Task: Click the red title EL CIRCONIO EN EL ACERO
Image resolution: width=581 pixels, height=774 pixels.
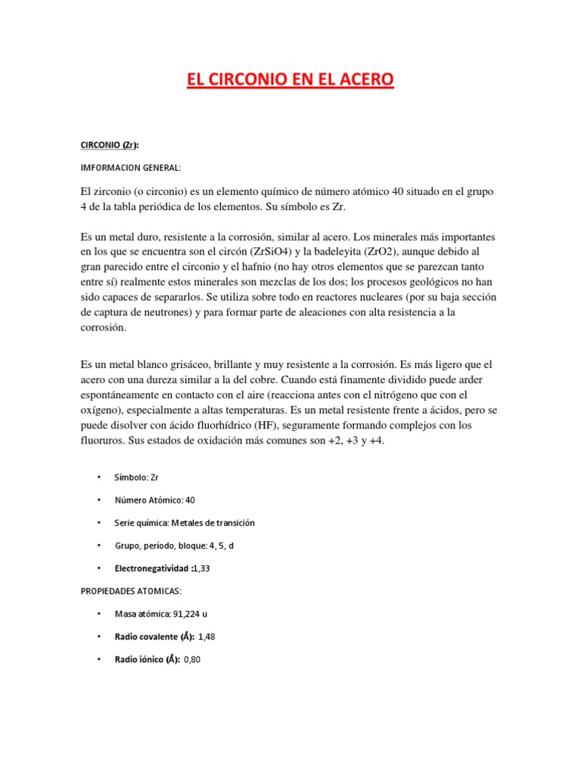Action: coord(290,79)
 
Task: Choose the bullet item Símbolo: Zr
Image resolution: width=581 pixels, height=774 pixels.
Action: coord(136,478)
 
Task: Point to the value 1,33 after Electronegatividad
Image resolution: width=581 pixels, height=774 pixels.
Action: coord(200,568)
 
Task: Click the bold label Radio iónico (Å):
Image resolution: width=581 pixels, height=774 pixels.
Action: coord(147,659)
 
